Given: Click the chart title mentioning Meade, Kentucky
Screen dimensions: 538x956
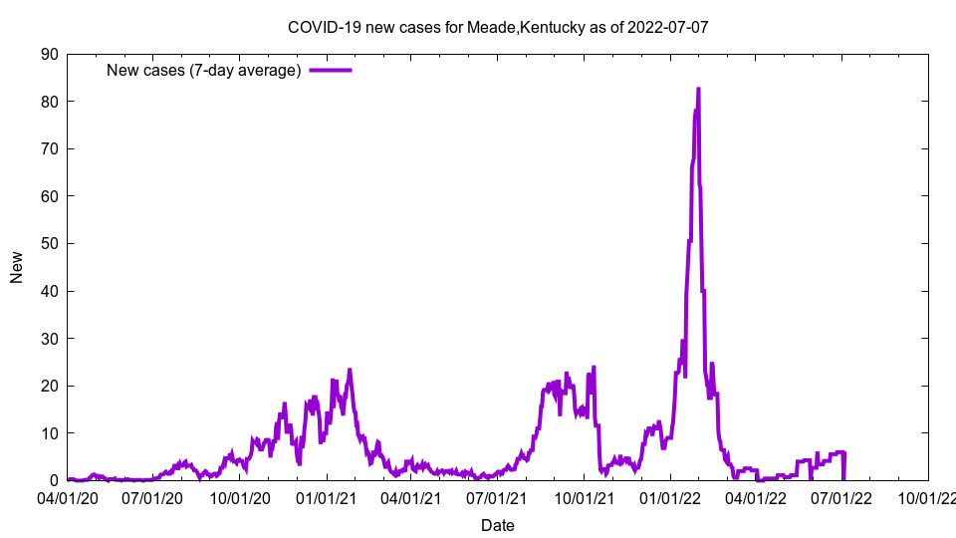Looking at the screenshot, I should (497, 27).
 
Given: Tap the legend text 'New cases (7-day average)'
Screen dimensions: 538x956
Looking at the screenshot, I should (203, 70).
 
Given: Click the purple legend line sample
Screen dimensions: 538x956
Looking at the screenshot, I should (331, 70).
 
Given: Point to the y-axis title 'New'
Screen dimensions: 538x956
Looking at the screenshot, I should (17, 267).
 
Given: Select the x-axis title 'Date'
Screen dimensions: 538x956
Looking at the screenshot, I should (497, 525).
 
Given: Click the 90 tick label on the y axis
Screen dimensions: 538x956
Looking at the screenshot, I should (49, 54).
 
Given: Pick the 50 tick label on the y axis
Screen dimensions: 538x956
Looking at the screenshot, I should (49, 243).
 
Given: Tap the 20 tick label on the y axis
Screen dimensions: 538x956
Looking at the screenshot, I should (49, 386).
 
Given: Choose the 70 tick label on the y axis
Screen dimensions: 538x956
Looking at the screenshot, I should (49, 148).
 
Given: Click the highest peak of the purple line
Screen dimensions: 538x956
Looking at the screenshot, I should (698, 89).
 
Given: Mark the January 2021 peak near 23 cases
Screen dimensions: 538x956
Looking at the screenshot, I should (350, 371).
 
